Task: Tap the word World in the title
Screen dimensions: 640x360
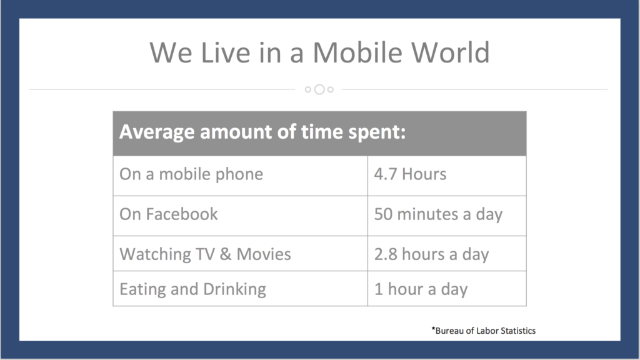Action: [450, 52]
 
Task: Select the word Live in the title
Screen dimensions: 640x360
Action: [225, 52]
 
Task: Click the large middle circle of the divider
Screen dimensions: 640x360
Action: [319, 89]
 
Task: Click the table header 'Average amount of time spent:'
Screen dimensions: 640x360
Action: [262, 132]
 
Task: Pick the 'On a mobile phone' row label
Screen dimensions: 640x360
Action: [191, 174]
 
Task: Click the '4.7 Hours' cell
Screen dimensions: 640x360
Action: [410, 174]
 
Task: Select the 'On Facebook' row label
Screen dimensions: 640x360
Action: [169, 214]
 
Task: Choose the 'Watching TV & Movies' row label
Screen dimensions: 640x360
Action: [205, 254]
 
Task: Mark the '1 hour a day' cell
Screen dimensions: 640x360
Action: [421, 289]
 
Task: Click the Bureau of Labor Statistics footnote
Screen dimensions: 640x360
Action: [484, 331]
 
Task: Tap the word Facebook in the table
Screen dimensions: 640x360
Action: [182, 214]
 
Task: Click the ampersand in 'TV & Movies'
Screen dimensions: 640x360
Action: [226, 254]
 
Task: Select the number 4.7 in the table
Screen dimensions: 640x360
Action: [385, 174]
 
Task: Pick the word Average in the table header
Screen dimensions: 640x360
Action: [157, 132]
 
